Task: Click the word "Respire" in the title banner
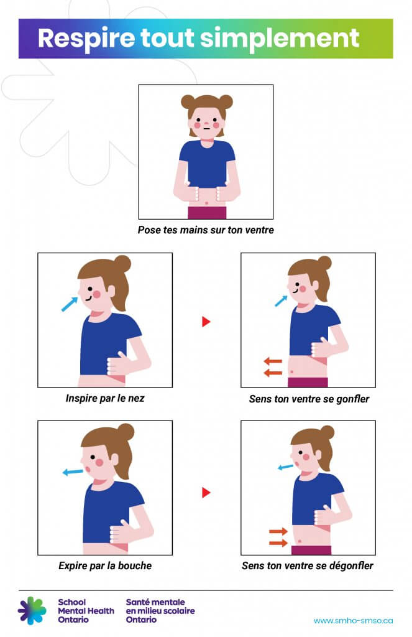[x=86, y=38]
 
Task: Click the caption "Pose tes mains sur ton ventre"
[x=206, y=230]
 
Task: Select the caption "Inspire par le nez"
[x=105, y=398]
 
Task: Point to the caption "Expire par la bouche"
[x=105, y=565]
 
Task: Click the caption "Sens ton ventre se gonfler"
[x=309, y=399]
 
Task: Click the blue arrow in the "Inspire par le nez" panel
[x=70, y=304]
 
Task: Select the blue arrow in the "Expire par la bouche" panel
[x=73, y=472]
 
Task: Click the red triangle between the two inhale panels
[x=206, y=322]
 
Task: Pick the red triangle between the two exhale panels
[x=206, y=493]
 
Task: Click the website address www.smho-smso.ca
[x=353, y=620]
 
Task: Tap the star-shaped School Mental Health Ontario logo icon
[x=32, y=610]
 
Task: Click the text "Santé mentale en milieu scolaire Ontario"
[x=160, y=611]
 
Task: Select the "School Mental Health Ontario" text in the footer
[x=86, y=611]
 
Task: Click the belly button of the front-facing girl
[x=207, y=203]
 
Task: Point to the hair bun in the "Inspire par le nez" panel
[x=122, y=264]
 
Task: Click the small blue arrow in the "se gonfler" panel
[x=281, y=301]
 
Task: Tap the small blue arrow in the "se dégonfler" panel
[x=285, y=467]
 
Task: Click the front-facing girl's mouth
[x=206, y=128]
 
